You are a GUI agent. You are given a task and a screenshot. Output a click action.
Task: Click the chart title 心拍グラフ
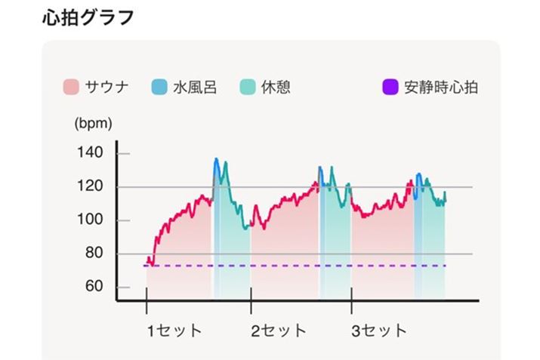(88, 17)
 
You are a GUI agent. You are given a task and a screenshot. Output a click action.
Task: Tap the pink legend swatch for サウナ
(71, 88)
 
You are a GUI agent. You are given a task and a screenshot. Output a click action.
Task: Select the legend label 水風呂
(194, 88)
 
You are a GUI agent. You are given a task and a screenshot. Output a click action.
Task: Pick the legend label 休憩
(276, 88)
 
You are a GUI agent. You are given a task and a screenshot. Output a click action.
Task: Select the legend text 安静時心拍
(440, 88)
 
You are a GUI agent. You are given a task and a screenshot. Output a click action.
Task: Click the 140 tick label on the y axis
(90, 153)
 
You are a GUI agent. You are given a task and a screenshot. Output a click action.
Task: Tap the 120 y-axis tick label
(90, 187)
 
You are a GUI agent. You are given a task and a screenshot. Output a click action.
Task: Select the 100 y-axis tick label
(90, 220)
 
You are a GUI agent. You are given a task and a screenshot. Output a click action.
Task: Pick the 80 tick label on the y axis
(94, 254)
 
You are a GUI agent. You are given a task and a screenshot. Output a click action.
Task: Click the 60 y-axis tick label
(94, 287)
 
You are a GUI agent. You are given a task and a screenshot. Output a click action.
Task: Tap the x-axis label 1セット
(174, 331)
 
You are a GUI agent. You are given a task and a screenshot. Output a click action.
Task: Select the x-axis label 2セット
(279, 331)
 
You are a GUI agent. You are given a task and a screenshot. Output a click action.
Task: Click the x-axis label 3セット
(379, 331)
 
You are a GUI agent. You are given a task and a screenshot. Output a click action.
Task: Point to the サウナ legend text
(107, 88)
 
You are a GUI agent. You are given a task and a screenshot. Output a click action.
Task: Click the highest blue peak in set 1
(216, 159)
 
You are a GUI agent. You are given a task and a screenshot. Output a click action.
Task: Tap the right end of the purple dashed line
(446, 266)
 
